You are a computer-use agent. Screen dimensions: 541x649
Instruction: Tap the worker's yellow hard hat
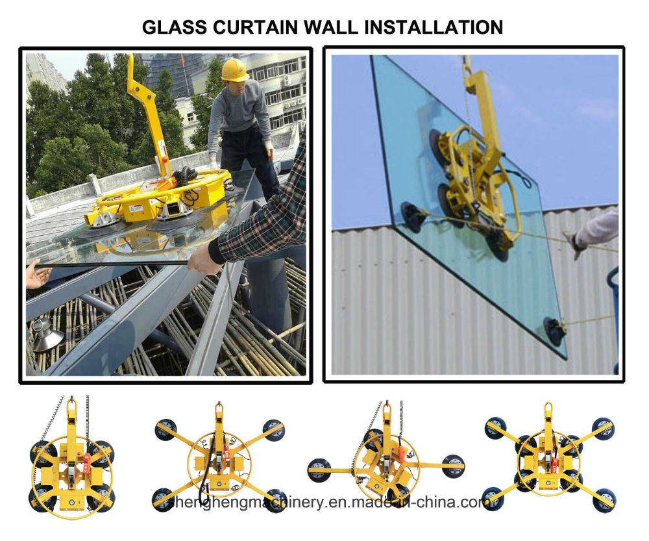coord(234,69)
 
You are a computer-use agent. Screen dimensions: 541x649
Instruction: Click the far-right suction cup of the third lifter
coord(453,466)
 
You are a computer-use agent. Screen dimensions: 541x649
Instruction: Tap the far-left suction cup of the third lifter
coord(319,469)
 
